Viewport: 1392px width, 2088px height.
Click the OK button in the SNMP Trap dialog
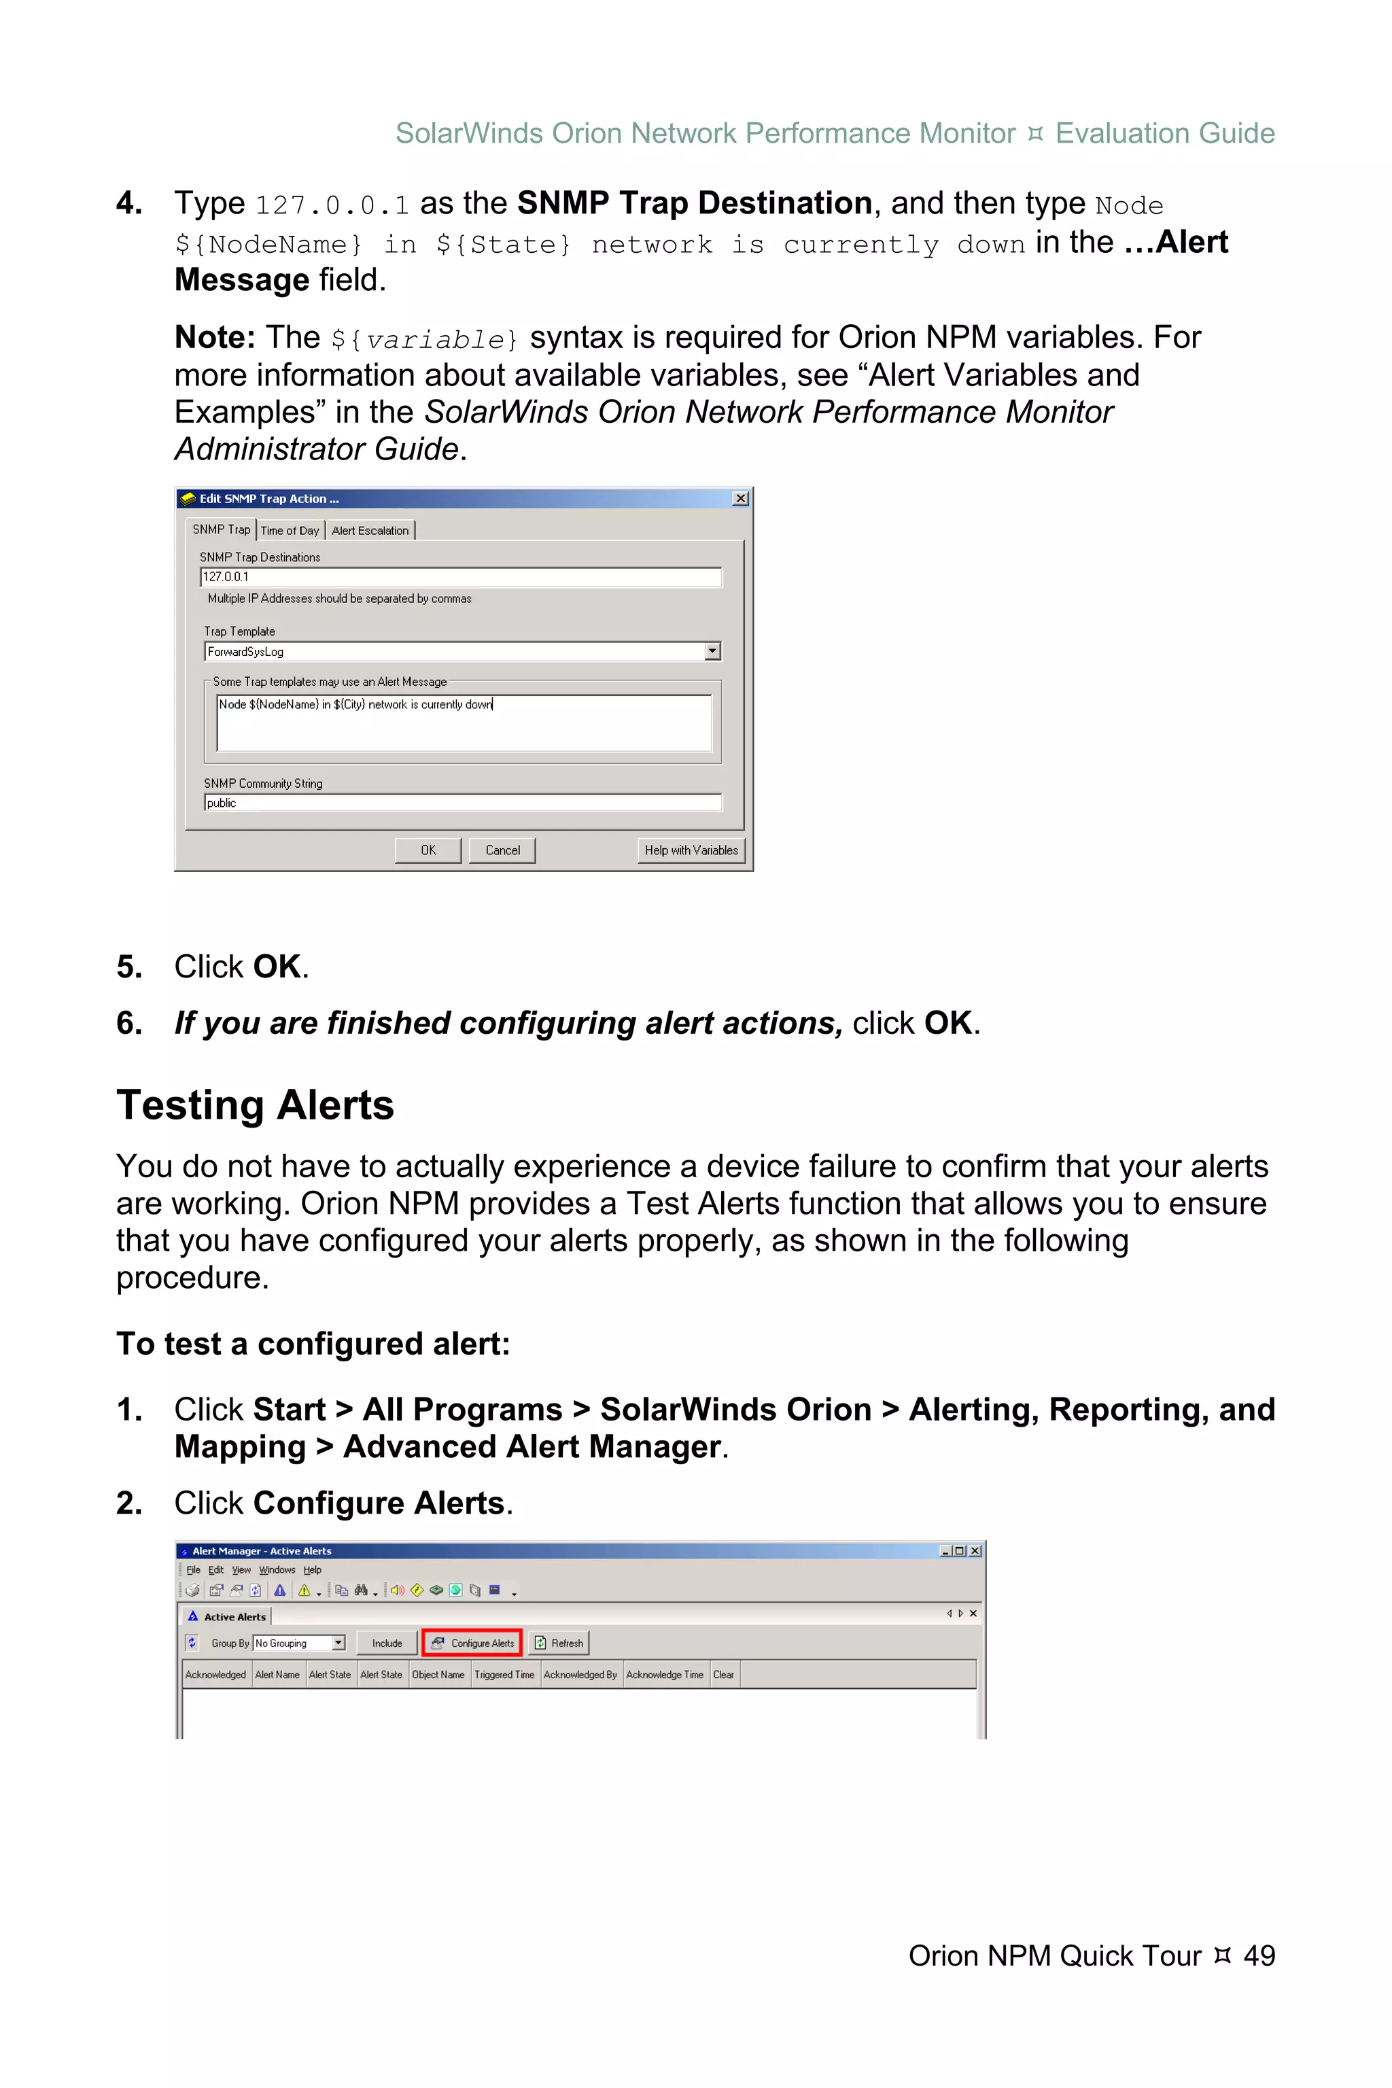tap(428, 850)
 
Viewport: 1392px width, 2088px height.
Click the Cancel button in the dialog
tap(502, 850)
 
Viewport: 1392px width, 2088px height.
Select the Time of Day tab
tap(290, 530)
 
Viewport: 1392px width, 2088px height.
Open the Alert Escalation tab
tap(370, 530)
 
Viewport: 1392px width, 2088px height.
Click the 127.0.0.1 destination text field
tap(461, 577)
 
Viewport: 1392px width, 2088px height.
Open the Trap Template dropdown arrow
tap(712, 652)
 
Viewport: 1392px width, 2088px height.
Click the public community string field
tap(462, 803)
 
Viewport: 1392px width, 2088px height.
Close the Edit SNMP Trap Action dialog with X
tap(740, 499)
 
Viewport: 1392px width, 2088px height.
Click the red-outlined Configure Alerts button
tap(472, 1643)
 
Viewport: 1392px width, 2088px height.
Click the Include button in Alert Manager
tap(387, 1643)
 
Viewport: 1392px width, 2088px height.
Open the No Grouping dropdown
tap(338, 1643)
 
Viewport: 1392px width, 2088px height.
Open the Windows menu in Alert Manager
tap(277, 1569)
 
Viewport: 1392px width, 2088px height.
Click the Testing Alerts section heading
tap(255, 1105)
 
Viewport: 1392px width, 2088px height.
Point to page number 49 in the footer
tap(1259, 1955)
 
